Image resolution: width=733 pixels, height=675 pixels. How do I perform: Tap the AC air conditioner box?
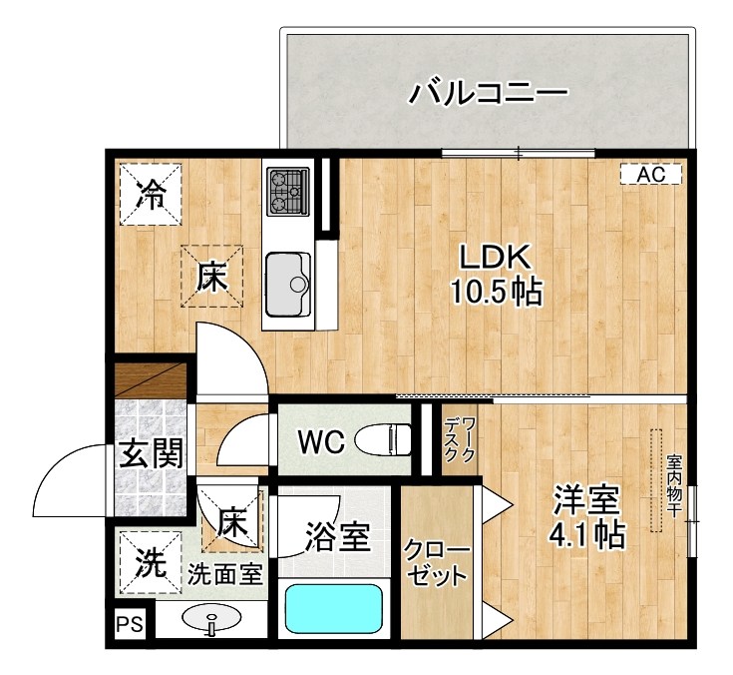click(650, 174)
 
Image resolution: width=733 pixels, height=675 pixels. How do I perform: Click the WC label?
click(320, 440)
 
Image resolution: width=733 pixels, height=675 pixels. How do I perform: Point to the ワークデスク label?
click(461, 439)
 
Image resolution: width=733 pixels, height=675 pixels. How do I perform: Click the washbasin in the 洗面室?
click(211, 621)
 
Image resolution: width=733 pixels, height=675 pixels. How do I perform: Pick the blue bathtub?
click(334, 608)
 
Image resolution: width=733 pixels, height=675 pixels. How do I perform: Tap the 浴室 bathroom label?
click(337, 538)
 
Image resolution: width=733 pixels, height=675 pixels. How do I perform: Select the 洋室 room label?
click(587, 500)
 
